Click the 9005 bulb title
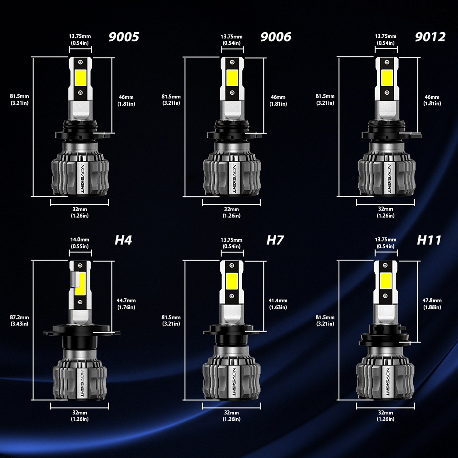tap(124, 37)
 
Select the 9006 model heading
tap(276, 37)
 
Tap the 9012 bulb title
tap(430, 37)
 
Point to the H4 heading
tap(123, 240)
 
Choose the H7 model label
tap(275, 240)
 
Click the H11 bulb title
tap(429, 240)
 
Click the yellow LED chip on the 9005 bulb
tap(80, 77)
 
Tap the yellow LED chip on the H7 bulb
tap(232, 281)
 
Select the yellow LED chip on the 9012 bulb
tap(387, 77)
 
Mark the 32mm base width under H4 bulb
tap(80, 416)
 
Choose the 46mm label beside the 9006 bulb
tap(278, 100)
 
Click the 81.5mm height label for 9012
tap(325, 100)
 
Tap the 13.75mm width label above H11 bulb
tap(386, 243)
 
